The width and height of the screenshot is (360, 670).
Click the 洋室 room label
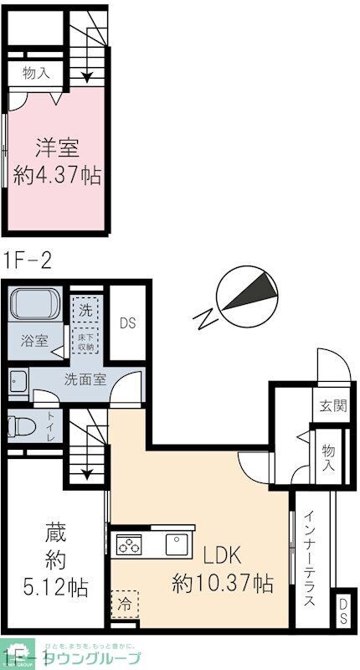tap(57, 149)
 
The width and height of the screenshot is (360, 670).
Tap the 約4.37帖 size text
tap(57, 176)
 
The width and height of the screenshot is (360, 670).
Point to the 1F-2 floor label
tap(28, 260)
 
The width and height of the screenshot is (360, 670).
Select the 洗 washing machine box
tap(85, 307)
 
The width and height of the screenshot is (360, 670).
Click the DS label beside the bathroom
tap(127, 323)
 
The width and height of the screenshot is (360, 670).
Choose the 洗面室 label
tap(85, 379)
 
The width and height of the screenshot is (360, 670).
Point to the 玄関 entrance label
tap(332, 406)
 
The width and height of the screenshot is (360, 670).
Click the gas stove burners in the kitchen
tap(130, 545)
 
